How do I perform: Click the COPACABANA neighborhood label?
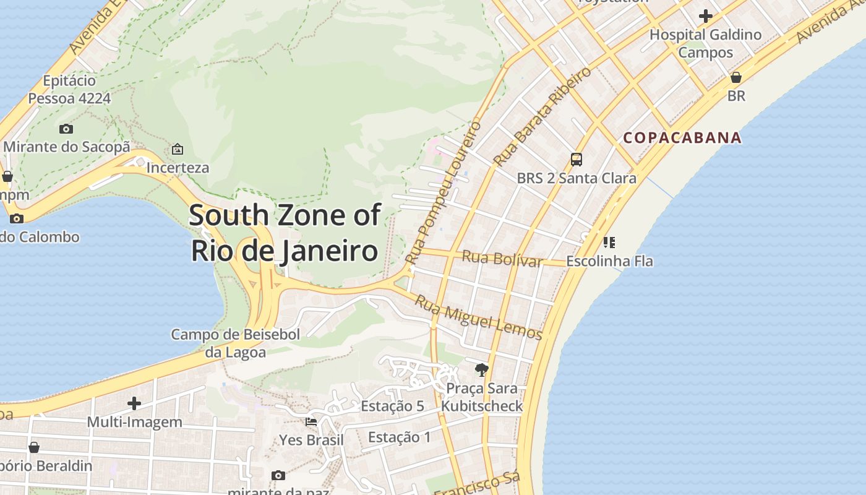click(682, 137)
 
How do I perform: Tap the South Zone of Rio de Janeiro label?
click(285, 233)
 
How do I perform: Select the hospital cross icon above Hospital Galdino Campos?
click(705, 16)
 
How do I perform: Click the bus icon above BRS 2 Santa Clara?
click(577, 160)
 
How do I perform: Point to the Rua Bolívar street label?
click(502, 258)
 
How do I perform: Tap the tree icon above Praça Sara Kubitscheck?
click(481, 370)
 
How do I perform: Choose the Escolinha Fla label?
click(609, 261)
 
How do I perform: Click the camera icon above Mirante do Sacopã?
click(66, 129)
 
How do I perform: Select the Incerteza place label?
click(178, 168)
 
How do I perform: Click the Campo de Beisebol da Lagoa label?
click(235, 343)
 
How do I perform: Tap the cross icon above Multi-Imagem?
click(134, 404)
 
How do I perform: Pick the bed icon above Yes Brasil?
click(311, 422)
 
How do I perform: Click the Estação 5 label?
click(392, 407)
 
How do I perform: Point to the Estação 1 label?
click(399, 437)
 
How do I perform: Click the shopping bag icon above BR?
click(736, 78)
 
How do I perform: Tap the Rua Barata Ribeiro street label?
click(542, 116)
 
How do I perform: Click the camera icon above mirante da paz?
click(278, 475)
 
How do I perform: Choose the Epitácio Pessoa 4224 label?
click(69, 90)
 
